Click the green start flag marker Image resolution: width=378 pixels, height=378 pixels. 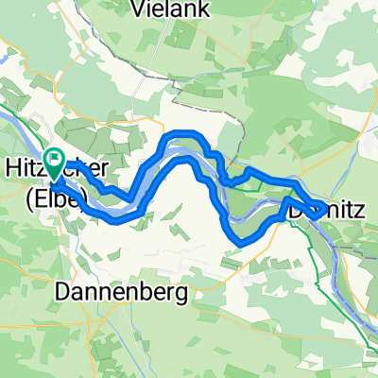(56, 165)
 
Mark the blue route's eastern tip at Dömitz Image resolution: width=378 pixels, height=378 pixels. (327, 205)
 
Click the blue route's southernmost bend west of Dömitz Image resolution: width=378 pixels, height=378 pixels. (241, 241)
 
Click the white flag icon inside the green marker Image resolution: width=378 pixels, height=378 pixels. (56, 162)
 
